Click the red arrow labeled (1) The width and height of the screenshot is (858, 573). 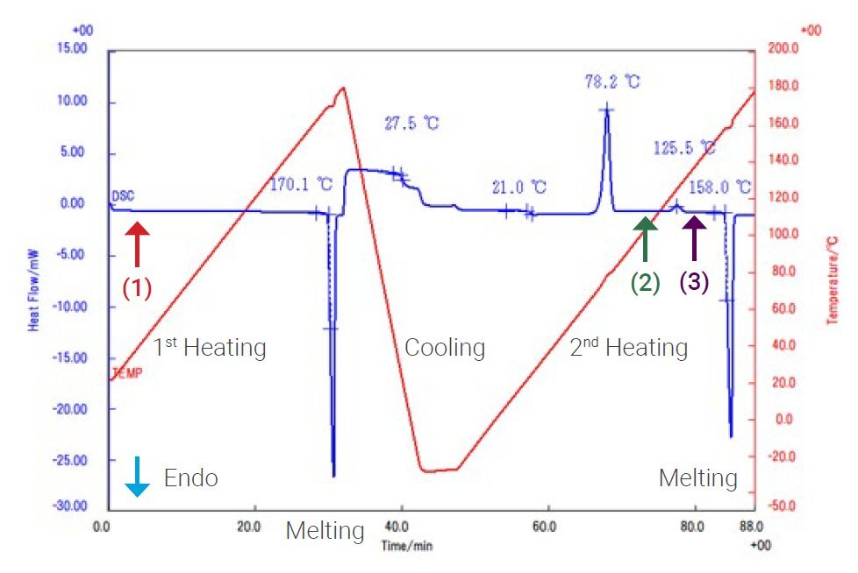[x=137, y=244]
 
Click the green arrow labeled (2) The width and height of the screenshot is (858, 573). [x=646, y=240]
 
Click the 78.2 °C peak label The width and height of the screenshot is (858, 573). [x=612, y=82]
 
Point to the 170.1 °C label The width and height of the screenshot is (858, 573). [x=301, y=185]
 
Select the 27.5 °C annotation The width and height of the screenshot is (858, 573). [x=411, y=124]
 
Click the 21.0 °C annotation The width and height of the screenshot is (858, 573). [x=518, y=187]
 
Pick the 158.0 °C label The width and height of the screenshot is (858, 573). [x=720, y=187]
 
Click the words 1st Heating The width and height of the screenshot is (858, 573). [x=210, y=348]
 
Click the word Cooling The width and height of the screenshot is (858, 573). [x=445, y=348]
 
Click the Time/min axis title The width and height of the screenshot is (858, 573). [x=406, y=544]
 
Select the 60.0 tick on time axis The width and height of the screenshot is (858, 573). [x=544, y=528]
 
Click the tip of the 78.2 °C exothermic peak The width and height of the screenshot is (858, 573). [x=606, y=108]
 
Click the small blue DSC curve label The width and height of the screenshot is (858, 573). [x=123, y=195]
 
